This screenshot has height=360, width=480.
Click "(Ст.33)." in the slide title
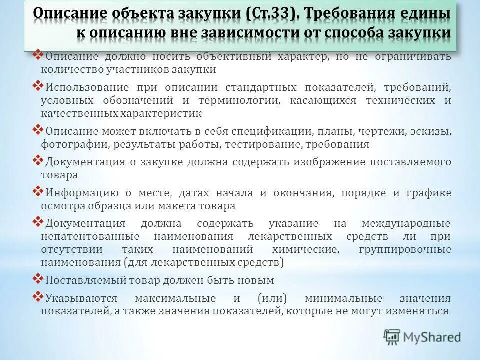273,14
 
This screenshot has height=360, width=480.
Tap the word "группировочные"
405,249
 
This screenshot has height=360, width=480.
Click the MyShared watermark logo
423,337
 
